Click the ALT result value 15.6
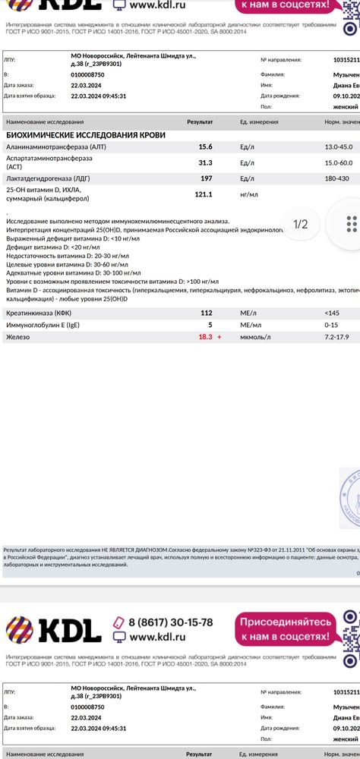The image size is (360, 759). coord(205,146)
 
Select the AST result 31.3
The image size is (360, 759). coord(205,162)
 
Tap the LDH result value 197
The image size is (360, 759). coord(206,178)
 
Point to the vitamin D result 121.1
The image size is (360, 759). coord(204,194)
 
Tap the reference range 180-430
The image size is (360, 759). coord(339,178)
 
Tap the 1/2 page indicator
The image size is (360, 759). coord(301,225)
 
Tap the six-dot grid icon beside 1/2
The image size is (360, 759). coord(351,224)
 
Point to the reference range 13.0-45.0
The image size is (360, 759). coord(341,146)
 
